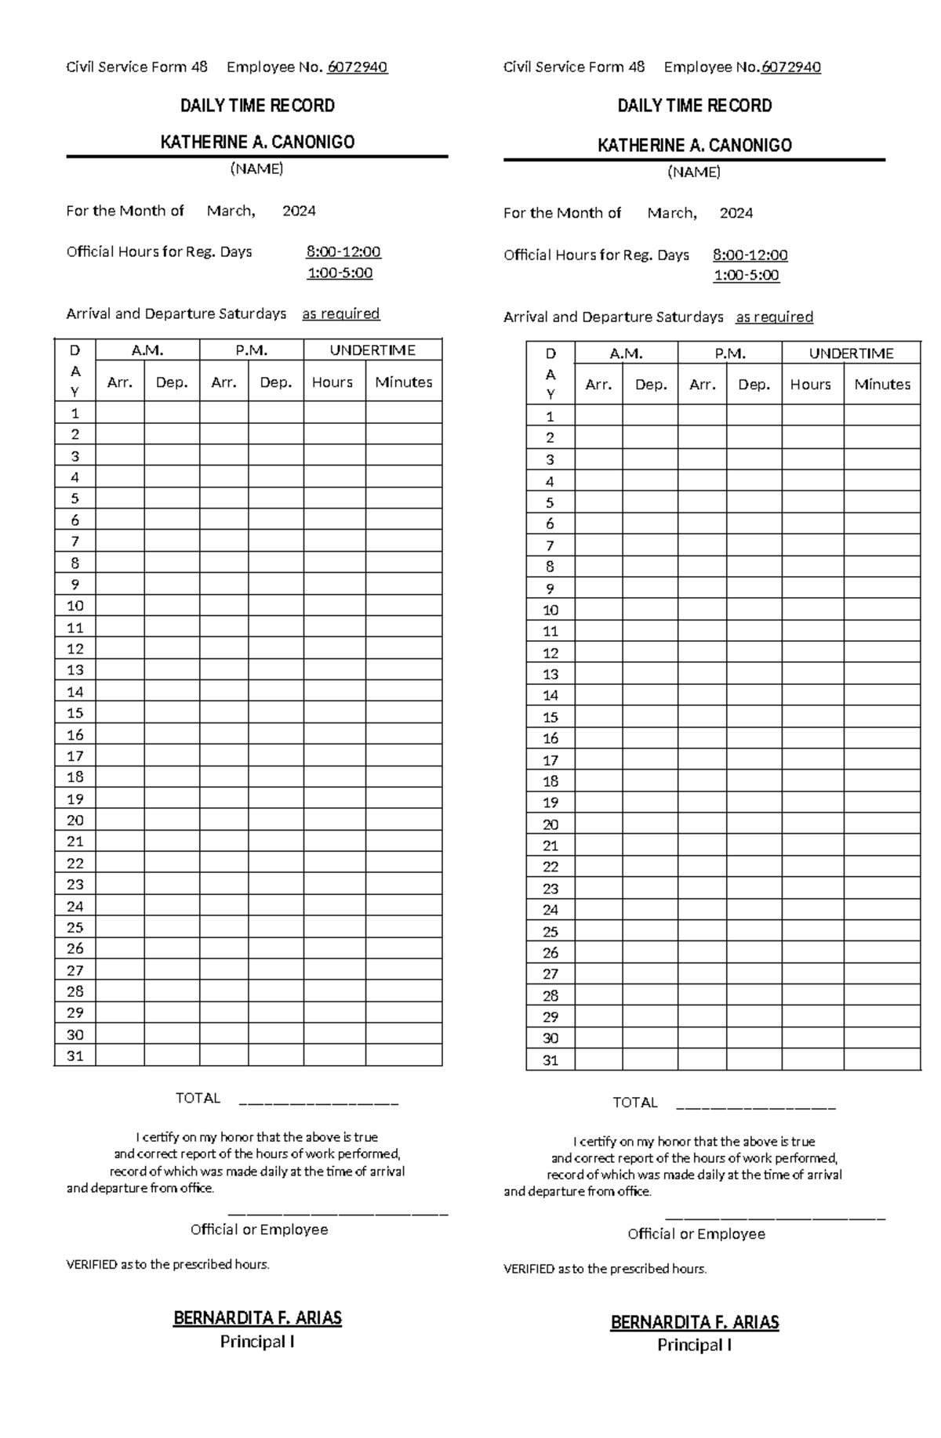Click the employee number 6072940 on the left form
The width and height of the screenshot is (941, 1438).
pyautogui.click(x=357, y=67)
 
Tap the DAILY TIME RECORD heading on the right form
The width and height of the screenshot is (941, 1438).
pyautogui.click(x=694, y=106)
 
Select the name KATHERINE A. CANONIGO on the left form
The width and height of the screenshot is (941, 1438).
pyautogui.click(x=257, y=142)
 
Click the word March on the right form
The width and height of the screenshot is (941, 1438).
pyautogui.click(x=671, y=213)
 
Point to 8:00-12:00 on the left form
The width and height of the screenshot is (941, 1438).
pyautogui.click(x=343, y=252)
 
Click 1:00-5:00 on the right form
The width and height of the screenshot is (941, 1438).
pyautogui.click(x=746, y=275)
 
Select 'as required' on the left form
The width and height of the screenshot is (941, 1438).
pyautogui.click(x=340, y=313)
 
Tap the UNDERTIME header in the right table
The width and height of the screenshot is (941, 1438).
pyautogui.click(x=851, y=353)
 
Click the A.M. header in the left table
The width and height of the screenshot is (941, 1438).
pyautogui.click(x=147, y=350)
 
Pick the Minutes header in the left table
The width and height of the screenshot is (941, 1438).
pyautogui.click(x=403, y=382)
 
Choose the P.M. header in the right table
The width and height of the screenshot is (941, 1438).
pyautogui.click(x=729, y=353)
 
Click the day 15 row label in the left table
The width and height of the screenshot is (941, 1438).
pyautogui.click(x=75, y=713)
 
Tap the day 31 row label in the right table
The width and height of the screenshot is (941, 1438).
pyautogui.click(x=550, y=1060)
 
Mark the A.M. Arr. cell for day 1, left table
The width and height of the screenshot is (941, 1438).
pyautogui.click(x=120, y=413)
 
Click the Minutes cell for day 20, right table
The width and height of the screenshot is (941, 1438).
pyautogui.click(x=881, y=824)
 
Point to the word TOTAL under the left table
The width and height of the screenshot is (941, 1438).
pyautogui.click(x=198, y=1098)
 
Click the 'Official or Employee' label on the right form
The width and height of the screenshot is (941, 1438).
pyautogui.click(x=696, y=1233)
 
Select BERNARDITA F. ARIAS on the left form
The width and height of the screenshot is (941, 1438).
pyautogui.click(x=257, y=1318)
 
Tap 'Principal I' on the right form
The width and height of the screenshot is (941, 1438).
pyautogui.click(x=694, y=1345)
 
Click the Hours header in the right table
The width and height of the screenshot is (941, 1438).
pyautogui.click(x=810, y=385)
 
